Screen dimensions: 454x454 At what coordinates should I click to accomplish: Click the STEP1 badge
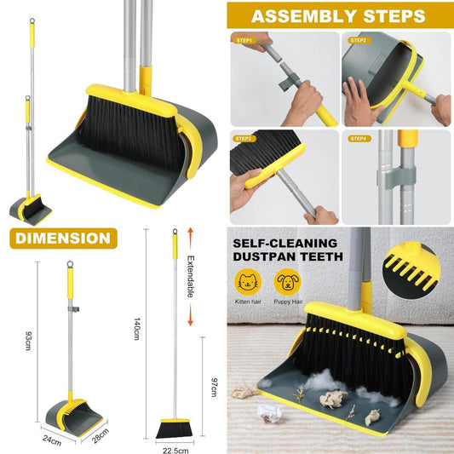click(x=244, y=40)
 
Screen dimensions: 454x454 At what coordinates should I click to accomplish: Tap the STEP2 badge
click(x=359, y=40)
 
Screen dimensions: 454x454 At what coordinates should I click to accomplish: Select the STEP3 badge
click(x=244, y=139)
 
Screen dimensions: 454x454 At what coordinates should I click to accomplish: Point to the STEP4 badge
click(x=359, y=139)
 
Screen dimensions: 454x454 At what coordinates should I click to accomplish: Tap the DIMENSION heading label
click(x=63, y=238)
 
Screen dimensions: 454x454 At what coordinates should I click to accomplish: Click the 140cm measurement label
click(x=137, y=329)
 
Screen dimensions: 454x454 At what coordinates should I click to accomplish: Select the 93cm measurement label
click(x=29, y=341)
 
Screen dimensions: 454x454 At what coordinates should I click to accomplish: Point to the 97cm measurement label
click(x=215, y=387)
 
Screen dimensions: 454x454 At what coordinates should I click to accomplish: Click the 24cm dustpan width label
click(x=52, y=440)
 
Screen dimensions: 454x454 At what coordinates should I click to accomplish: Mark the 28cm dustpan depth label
click(x=101, y=436)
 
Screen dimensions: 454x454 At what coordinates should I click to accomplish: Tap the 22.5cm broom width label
click(x=175, y=451)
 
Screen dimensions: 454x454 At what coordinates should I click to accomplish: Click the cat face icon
click(x=248, y=282)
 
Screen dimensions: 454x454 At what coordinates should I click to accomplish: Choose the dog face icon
click(x=288, y=282)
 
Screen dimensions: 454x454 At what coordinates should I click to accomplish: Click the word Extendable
click(x=190, y=277)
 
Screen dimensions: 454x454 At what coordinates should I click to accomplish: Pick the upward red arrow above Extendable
click(x=190, y=238)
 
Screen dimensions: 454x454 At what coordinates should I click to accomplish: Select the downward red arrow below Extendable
click(x=190, y=315)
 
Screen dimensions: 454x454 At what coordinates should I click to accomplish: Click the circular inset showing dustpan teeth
click(x=411, y=271)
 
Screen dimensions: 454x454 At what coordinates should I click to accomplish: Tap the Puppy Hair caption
click(x=288, y=302)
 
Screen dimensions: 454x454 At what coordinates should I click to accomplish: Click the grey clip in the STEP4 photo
click(x=396, y=175)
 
